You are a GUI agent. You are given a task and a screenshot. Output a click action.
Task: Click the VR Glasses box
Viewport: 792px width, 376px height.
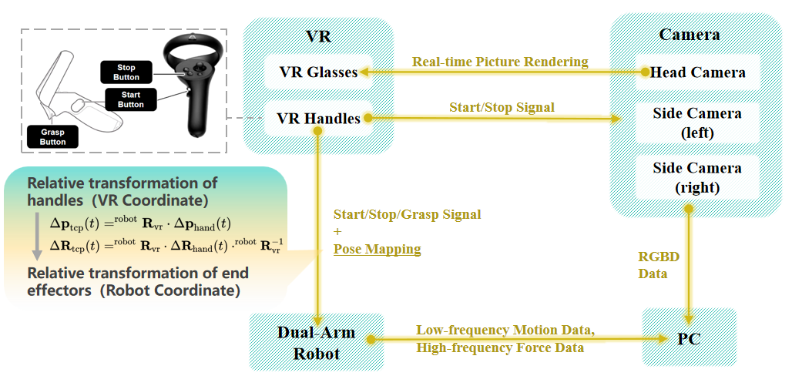318,72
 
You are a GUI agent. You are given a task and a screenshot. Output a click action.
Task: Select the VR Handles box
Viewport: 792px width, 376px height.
318,119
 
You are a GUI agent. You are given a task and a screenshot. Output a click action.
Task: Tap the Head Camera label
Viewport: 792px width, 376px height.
698,72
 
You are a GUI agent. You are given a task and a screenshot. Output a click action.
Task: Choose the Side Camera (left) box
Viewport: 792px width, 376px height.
697,123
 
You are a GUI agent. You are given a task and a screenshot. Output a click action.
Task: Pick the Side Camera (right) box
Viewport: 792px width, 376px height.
697,177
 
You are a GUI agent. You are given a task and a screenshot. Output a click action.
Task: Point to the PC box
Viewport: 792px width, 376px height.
689,338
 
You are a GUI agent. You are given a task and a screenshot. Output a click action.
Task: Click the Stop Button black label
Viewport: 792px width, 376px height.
127,72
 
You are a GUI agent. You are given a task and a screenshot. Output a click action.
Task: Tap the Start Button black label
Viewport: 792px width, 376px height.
131,99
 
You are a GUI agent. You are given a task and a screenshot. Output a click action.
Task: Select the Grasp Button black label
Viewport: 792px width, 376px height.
53,137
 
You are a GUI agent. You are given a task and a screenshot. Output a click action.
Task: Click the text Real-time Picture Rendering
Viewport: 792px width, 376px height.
500,62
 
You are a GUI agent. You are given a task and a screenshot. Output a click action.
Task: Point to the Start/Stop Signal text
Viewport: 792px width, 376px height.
502,107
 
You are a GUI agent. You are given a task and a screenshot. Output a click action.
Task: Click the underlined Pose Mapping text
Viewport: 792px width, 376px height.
377,249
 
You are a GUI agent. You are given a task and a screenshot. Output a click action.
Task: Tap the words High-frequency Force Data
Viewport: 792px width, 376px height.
500,347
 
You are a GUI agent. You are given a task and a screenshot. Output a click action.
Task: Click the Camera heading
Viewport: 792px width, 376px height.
690,35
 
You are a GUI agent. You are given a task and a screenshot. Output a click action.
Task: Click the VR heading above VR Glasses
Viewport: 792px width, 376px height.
318,36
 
